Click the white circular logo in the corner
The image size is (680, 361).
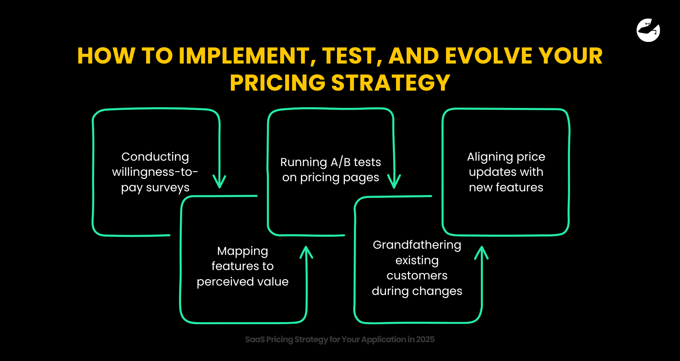pyautogui.click(x=648, y=30)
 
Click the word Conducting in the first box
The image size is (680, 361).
pyautogui.click(x=155, y=157)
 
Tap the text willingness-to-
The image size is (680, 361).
pyautogui.click(x=155, y=172)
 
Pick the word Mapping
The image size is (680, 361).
pyautogui.click(x=242, y=251)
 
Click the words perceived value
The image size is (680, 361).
pyautogui.click(x=242, y=282)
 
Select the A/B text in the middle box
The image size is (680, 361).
pyautogui.click(x=341, y=162)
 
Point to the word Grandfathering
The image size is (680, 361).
pyautogui.click(x=417, y=245)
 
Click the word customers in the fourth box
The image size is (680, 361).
pyautogui.click(x=417, y=276)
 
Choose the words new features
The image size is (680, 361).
pyautogui.click(x=506, y=187)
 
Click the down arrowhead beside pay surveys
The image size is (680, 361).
pyautogui.click(x=219, y=182)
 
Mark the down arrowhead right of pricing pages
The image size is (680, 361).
pyautogui.click(x=394, y=181)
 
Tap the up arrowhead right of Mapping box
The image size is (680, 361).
pyautogui.click(x=306, y=252)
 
